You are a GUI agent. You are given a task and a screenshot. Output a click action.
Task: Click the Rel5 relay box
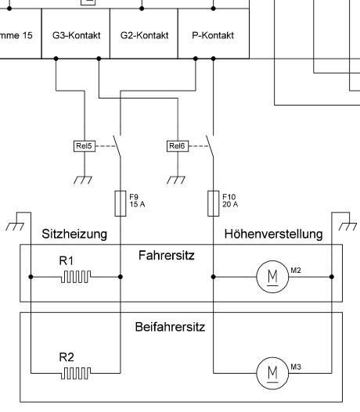pos(85,146)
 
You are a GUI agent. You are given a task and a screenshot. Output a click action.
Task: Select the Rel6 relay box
pos(178,146)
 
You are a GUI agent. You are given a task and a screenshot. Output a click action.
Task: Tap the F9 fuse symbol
pos(121,203)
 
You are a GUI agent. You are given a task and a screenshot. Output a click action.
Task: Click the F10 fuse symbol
pos(214,203)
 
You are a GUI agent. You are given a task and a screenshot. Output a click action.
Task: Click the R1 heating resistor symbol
pos(76,277)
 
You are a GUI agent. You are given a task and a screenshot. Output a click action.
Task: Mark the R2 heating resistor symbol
pos(76,373)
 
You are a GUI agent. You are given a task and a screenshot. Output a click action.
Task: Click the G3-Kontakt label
pos(77,35)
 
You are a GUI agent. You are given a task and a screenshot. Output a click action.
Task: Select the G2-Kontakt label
pos(144,35)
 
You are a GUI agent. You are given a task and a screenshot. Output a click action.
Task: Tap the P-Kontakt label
pos(213,35)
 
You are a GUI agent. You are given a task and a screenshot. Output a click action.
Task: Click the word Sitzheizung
pos(74,234)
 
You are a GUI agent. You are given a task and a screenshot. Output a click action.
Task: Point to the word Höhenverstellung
pos(273,234)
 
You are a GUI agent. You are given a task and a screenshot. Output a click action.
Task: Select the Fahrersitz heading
pos(167,256)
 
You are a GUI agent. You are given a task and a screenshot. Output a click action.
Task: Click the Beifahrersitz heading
pos(170,327)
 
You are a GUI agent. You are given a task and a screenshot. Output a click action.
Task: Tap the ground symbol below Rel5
pos(83,180)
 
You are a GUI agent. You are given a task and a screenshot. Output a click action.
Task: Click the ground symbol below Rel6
pos(176,180)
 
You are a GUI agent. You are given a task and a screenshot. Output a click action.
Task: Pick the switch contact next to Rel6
pos(210,146)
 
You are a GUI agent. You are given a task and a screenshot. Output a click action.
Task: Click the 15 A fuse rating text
pos(137,204)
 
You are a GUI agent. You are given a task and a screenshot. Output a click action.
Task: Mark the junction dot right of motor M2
pos(332,277)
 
